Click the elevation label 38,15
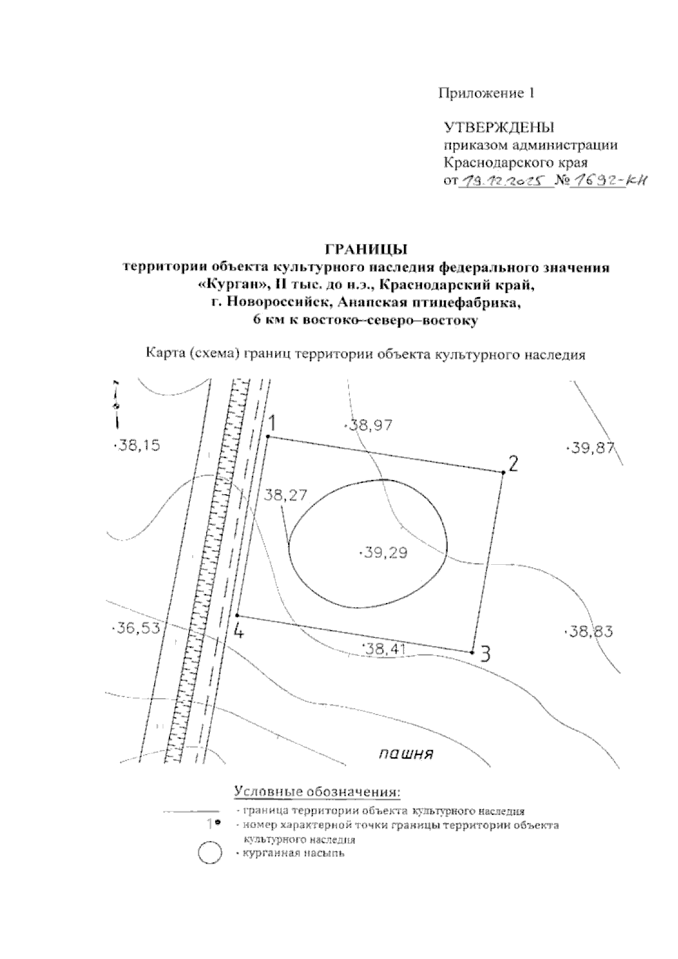[x=138, y=446]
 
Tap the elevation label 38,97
[x=369, y=425]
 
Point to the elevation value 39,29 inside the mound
[x=384, y=553]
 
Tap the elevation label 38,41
[x=383, y=649]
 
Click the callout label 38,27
[x=285, y=495]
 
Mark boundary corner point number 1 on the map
[x=268, y=437]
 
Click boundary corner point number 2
[x=502, y=472]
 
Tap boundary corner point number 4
[x=237, y=616]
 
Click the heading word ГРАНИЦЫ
[x=366, y=249]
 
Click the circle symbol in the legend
[x=210, y=853]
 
